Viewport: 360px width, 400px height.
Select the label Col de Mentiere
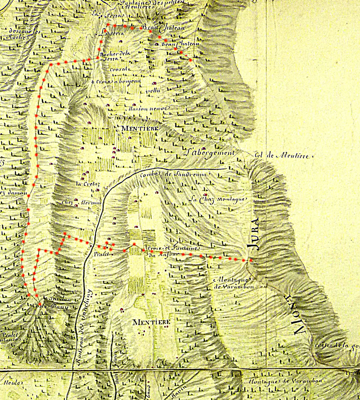point(283,155)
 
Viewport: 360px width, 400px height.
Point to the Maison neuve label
point(142,109)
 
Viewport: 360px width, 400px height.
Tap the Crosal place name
point(120,70)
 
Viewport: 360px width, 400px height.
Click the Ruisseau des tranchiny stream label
point(84,327)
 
